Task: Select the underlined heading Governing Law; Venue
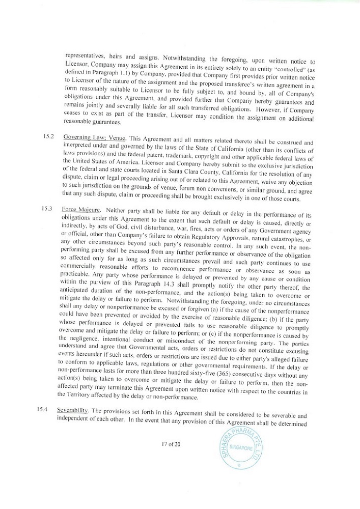click(93, 138)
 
